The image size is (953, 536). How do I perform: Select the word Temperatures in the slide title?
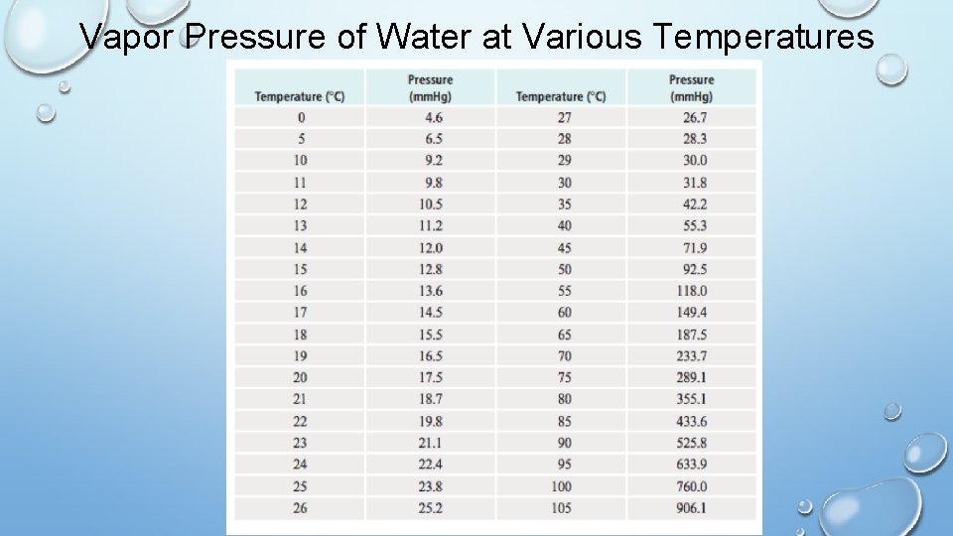(x=764, y=37)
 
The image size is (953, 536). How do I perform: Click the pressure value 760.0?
(x=691, y=486)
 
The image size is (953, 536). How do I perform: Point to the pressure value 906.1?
(x=691, y=508)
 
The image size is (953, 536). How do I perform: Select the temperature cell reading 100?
(x=562, y=486)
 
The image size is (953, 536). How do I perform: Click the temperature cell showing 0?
(x=300, y=117)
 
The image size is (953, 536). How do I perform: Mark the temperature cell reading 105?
(x=562, y=508)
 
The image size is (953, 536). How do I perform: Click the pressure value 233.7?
(x=691, y=355)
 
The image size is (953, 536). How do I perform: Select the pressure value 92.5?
(x=691, y=269)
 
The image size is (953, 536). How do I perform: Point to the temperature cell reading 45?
(x=562, y=247)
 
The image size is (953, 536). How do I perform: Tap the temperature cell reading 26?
(x=300, y=508)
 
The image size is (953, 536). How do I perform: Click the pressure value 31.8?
(x=691, y=183)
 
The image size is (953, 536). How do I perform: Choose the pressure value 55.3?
(x=691, y=225)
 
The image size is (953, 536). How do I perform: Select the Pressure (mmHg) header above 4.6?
(x=430, y=87)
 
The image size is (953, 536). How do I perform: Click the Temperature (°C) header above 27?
(x=561, y=96)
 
